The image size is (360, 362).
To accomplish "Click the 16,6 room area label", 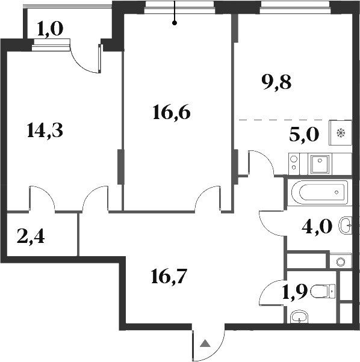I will point(172,111).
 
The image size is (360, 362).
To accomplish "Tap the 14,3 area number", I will point(46,129).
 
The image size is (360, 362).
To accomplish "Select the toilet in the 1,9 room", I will point(326,292).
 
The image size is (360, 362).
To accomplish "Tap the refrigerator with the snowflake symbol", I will point(340,133).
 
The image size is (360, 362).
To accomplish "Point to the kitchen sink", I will point(320,161).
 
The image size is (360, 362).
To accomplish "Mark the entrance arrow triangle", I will point(205,345).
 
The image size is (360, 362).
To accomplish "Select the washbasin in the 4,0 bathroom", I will point(347,226).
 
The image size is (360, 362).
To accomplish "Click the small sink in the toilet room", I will point(299,317).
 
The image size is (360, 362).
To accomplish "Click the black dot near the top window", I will point(175,23).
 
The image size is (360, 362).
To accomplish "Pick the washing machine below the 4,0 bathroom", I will point(340,261).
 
